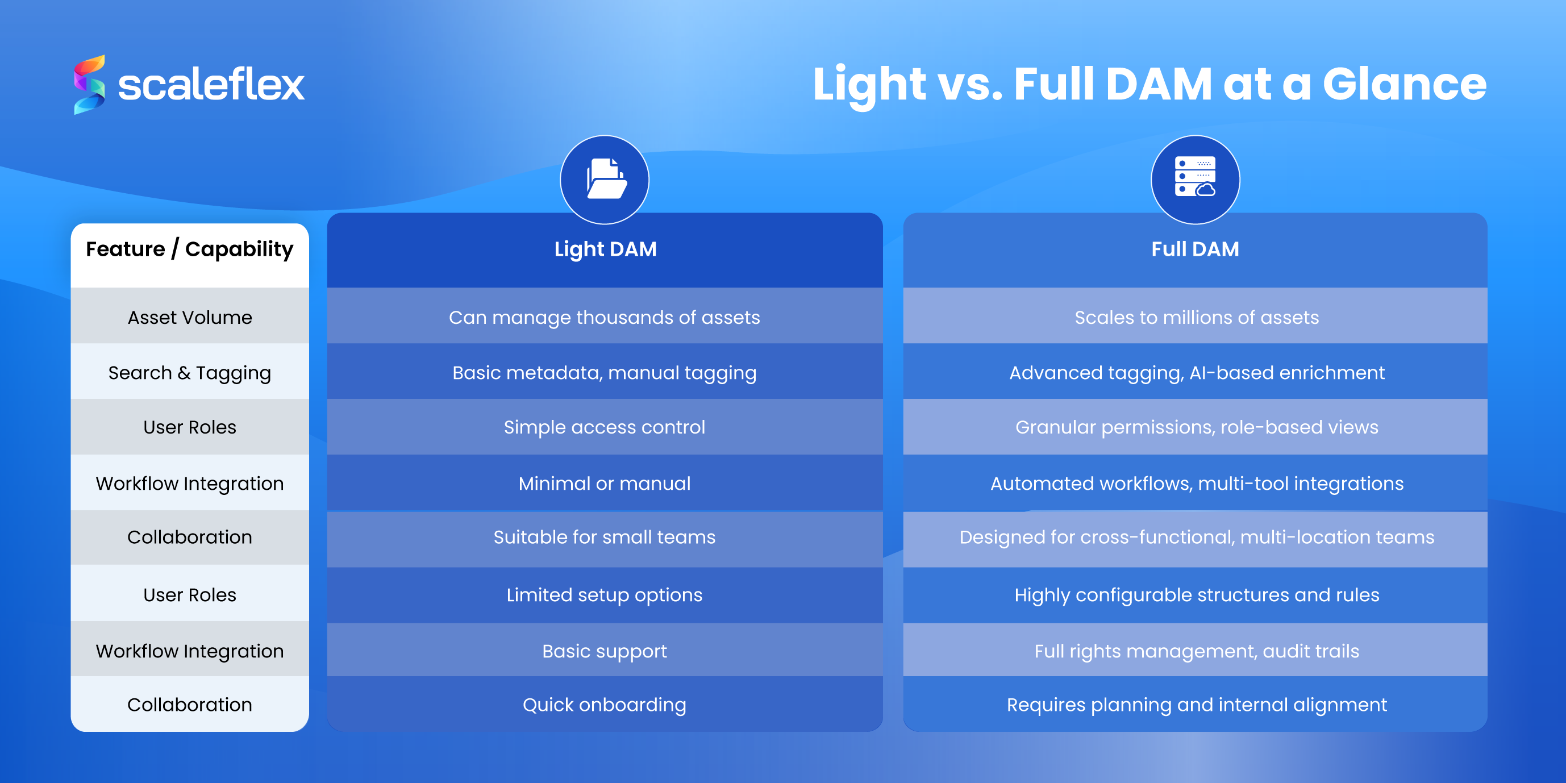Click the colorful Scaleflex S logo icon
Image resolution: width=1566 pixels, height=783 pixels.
coord(89,85)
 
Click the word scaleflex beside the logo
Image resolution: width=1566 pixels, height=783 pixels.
coord(210,85)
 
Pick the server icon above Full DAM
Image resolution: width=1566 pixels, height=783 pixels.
coord(1195,180)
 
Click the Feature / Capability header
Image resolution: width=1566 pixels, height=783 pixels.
coord(190,249)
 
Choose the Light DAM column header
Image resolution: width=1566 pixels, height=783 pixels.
coord(605,249)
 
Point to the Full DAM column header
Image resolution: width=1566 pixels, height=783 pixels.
coord(1195,249)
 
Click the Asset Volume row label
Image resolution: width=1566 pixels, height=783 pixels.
coord(190,317)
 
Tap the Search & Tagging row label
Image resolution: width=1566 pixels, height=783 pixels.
coord(190,373)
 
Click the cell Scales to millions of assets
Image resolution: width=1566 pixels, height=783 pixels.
coord(1197,317)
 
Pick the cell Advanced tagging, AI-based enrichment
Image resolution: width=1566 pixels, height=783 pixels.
coord(1197,373)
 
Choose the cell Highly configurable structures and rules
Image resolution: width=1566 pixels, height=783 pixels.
coord(1197,594)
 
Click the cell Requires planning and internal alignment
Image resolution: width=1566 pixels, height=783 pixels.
coord(1197,705)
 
